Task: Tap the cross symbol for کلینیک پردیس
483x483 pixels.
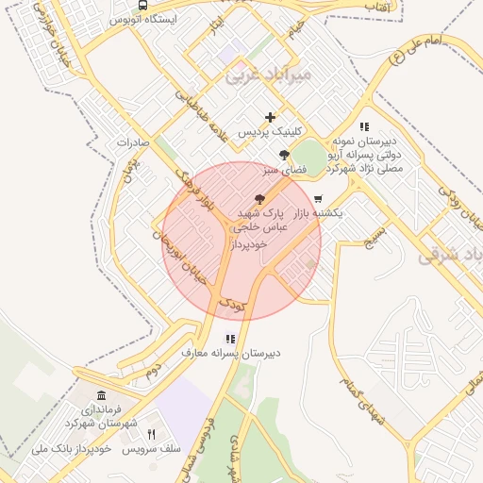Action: (271, 118)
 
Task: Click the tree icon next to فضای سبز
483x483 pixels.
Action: (283, 156)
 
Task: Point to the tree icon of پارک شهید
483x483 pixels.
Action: (259, 199)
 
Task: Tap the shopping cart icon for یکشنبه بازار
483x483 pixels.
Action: (319, 199)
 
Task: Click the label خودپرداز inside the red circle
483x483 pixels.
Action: (249, 243)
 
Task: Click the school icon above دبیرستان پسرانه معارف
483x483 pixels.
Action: (229, 339)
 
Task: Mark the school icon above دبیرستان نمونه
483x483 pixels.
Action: (364, 126)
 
